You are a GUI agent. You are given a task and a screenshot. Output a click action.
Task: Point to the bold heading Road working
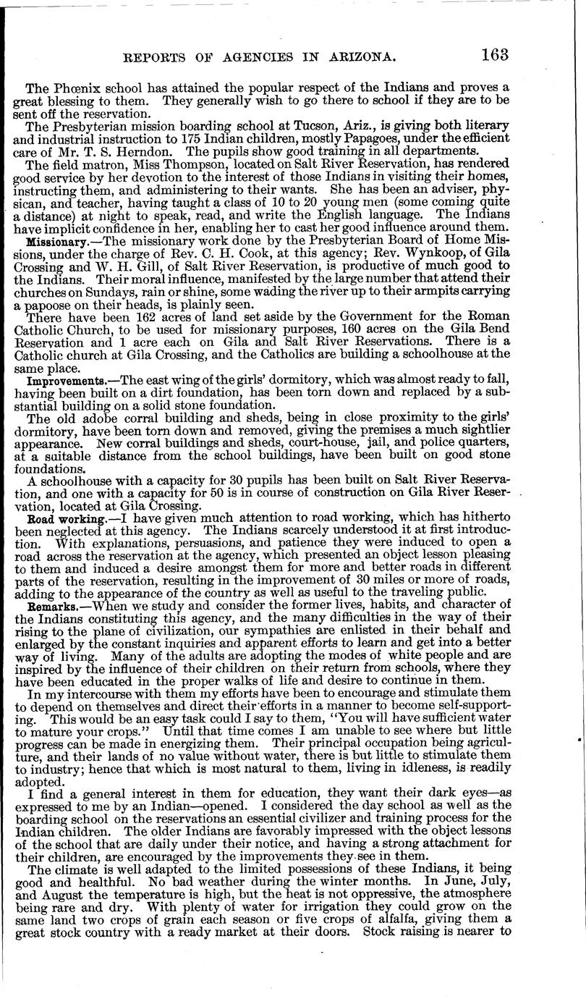pos(61,520)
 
